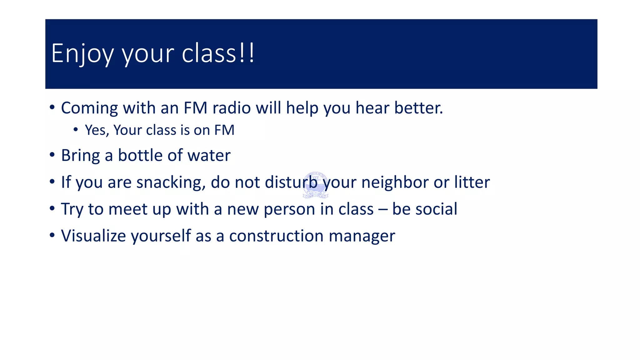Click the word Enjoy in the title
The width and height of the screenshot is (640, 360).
82,54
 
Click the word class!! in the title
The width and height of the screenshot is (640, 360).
218,53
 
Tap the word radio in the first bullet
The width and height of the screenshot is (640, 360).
232,108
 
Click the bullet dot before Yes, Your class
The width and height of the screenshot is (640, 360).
76,129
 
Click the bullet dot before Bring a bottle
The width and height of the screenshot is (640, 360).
52,155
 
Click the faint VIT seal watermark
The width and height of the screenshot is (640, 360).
316,185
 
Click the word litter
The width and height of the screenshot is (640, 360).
472,182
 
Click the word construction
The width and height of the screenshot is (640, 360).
276,236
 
